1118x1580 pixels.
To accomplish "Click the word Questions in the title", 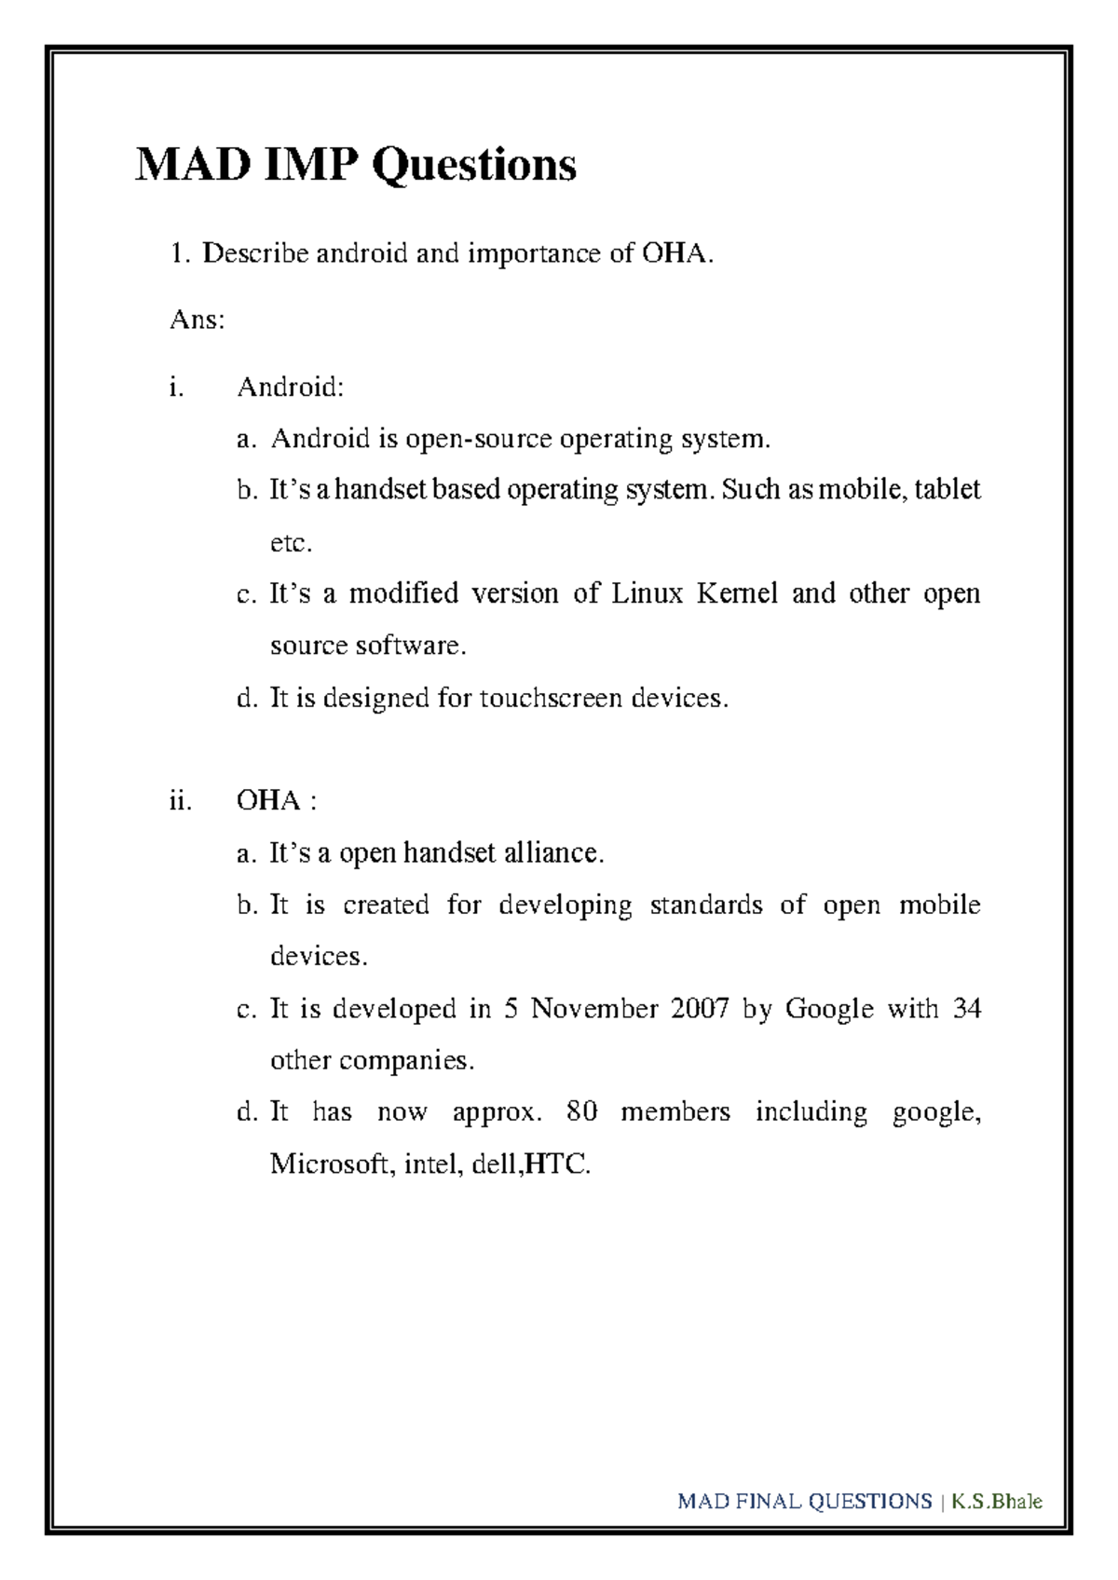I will click(x=474, y=166).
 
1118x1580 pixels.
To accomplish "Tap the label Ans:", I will click(x=197, y=320).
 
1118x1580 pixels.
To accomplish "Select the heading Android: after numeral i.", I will click(x=290, y=387).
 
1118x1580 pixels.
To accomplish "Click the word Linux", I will click(x=647, y=593).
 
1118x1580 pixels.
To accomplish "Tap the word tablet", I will click(x=947, y=489).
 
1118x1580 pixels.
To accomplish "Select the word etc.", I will click(x=291, y=542).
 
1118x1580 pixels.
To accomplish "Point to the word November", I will click(x=594, y=1008).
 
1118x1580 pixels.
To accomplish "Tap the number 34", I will click(x=966, y=1008).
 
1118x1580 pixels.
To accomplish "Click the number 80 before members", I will click(x=581, y=1111).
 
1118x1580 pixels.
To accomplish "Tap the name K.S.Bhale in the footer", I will click(x=996, y=1501).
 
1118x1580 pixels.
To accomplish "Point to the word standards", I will click(x=705, y=905).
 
